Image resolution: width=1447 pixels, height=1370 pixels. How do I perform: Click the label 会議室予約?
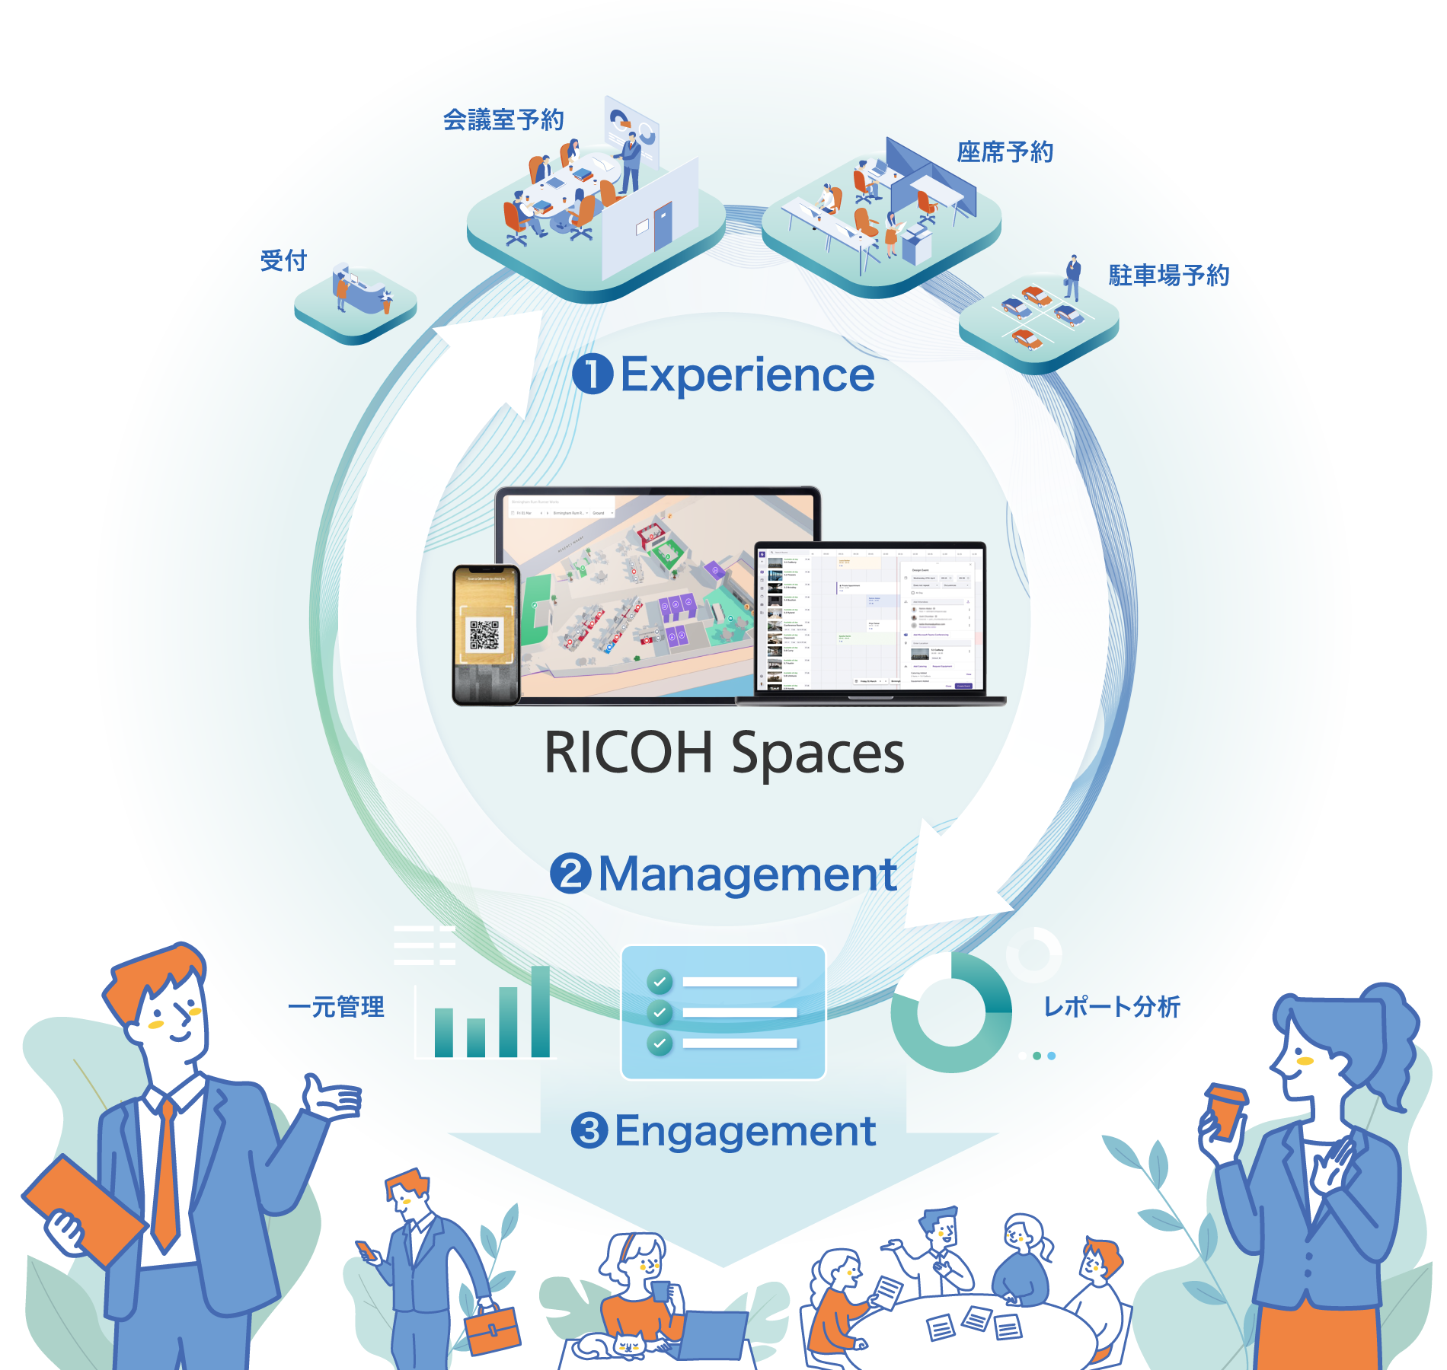point(503,120)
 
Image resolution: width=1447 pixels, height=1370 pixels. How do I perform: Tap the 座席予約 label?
point(1005,152)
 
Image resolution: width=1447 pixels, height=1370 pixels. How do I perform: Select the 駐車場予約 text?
point(1168,276)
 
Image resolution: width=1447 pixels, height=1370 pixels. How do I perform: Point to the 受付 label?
point(283,260)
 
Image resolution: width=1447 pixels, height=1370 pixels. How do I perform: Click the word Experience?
point(747,375)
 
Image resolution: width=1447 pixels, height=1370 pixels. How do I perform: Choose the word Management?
point(747,875)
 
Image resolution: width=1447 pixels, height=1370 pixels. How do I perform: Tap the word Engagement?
point(745,1131)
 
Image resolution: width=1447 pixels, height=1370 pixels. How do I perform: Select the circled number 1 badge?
point(593,375)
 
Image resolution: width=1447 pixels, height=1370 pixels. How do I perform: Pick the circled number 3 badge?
point(589,1131)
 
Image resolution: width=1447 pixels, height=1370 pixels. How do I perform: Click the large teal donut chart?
point(952,1012)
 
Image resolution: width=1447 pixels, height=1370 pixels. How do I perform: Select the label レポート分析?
point(1111,1007)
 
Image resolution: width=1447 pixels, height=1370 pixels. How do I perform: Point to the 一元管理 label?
point(336,1007)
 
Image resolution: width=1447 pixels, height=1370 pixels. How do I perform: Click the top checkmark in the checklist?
point(660,982)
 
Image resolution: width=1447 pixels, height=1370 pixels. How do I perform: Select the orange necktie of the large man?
point(165,1172)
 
